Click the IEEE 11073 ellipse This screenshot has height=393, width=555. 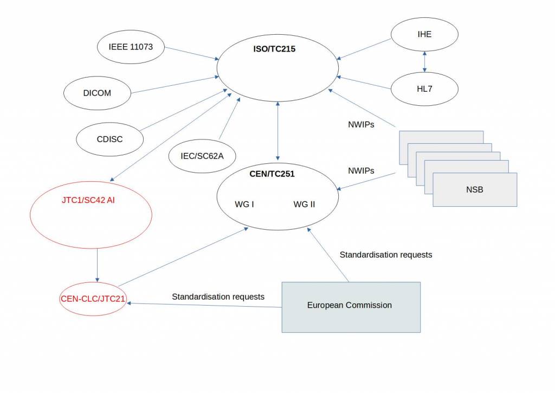pos(131,47)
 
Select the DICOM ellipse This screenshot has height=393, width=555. pos(97,93)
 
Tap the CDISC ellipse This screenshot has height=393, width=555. pos(109,139)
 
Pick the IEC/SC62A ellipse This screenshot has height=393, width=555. pos(202,156)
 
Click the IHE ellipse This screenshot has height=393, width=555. pos(424,34)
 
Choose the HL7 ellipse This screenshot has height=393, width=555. pos(424,88)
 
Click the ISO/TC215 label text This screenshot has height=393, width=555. pos(274,49)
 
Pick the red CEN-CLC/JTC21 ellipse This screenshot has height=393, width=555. pos(93,298)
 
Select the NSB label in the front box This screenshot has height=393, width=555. pos(474,190)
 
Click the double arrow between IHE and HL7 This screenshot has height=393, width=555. pos(424,61)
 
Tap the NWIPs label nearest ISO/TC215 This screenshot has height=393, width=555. pos(361,124)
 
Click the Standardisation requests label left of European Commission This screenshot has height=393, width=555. pos(218,297)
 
